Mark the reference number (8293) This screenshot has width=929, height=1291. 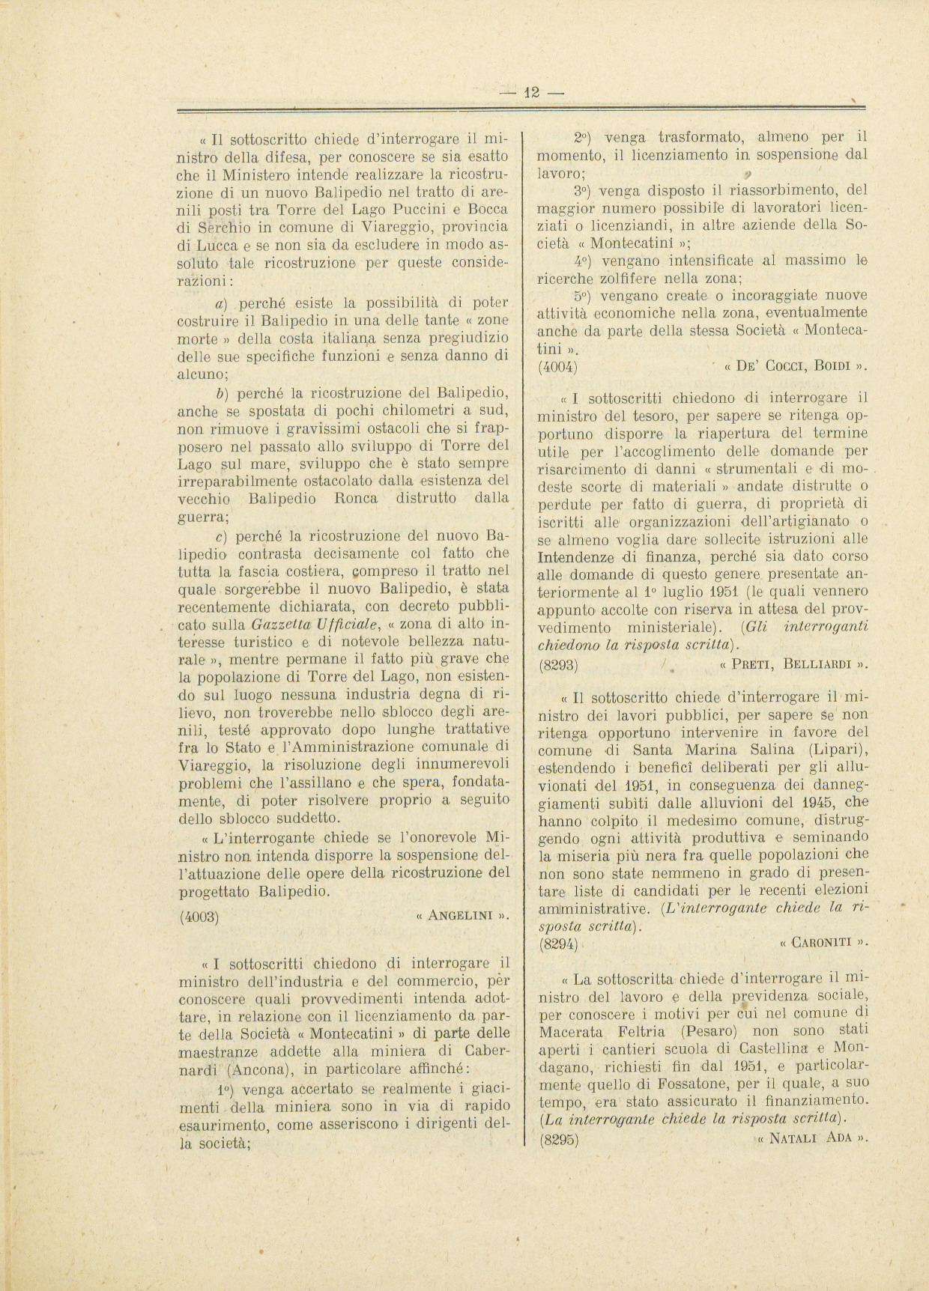tap(557, 663)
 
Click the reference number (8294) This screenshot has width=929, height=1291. tap(557, 945)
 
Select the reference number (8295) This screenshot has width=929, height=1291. tap(557, 1140)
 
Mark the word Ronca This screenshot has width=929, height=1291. tap(355, 499)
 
